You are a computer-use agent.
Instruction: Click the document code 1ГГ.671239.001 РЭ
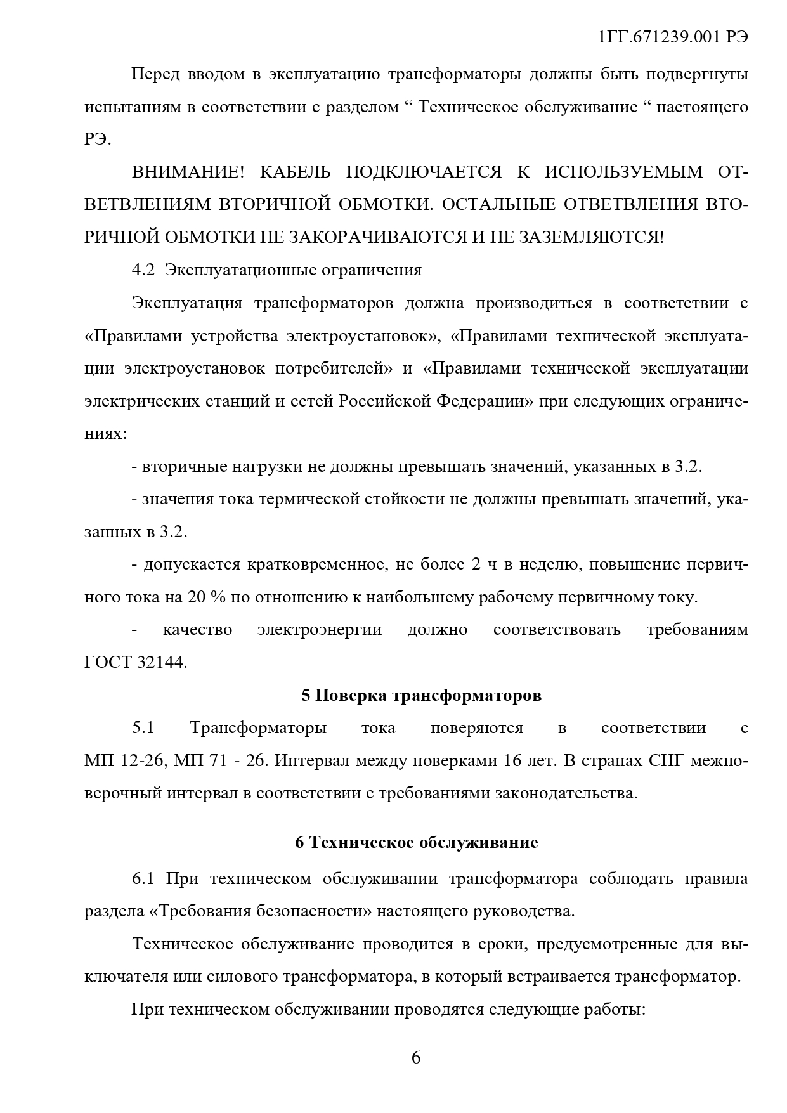673,37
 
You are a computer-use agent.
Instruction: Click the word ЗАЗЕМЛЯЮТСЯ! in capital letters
592,237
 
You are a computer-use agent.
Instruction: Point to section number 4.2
143,270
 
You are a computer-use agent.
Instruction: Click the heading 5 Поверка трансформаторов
421,696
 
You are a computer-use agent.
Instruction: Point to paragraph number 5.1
143,728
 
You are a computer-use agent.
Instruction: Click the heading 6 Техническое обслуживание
416,843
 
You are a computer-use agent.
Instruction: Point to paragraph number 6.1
143,880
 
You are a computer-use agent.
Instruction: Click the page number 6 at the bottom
416,1058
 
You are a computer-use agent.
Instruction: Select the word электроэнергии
320,630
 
